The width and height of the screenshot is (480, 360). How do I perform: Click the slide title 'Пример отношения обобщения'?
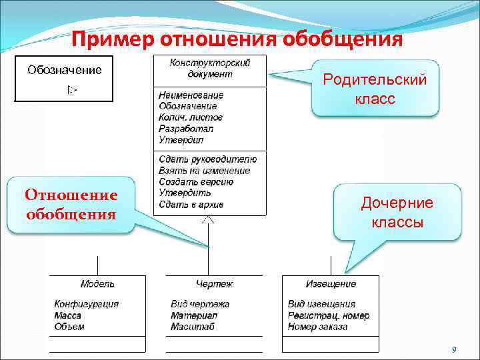click(237, 39)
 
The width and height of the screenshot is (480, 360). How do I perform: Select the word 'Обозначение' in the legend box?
click(64, 70)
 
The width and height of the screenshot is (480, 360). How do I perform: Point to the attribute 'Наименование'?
click(191, 95)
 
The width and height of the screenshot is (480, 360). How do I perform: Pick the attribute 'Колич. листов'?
click(191, 117)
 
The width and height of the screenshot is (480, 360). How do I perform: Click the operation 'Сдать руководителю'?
click(207, 159)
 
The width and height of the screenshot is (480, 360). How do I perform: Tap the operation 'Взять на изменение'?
click(205, 171)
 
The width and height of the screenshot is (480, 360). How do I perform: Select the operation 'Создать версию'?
click(196, 182)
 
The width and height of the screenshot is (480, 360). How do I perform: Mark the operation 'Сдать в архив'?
click(192, 204)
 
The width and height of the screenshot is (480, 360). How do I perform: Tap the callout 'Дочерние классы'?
click(397, 212)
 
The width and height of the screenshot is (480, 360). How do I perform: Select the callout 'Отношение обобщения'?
click(71, 205)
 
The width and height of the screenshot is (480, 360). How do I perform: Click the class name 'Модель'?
click(97, 284)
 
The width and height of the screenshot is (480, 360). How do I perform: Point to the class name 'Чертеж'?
click(214, 284)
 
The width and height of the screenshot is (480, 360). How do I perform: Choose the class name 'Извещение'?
click(331, 284)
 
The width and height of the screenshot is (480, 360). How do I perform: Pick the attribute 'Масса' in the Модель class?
click(68, 315)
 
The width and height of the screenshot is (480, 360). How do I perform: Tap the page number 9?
click(453, 350)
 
